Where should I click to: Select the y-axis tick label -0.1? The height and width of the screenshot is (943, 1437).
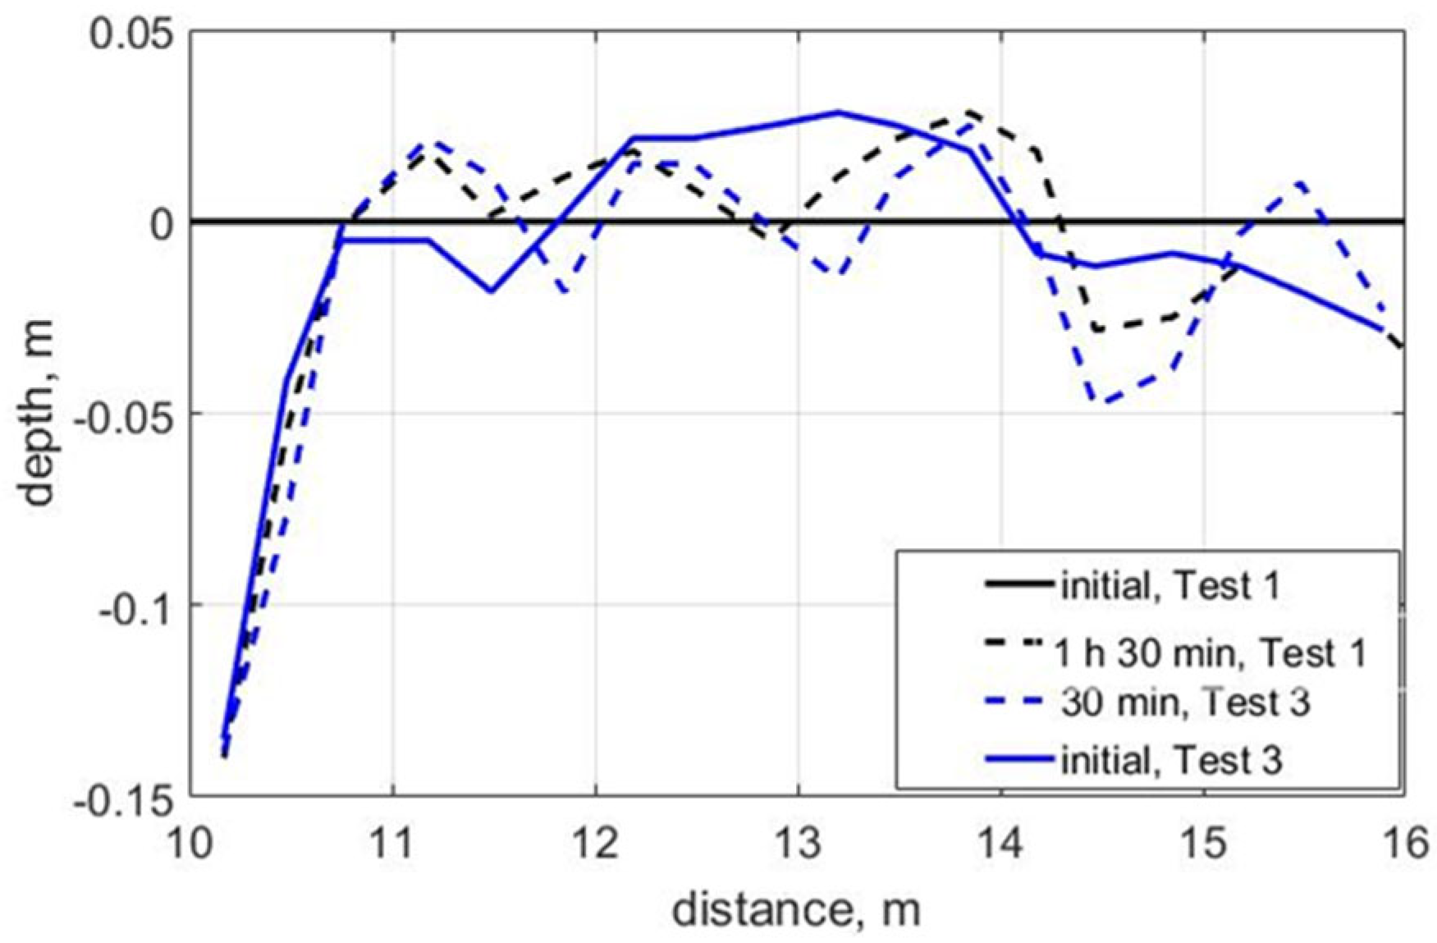pos(133,607)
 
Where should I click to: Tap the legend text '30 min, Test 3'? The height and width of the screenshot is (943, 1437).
pos(1185,703)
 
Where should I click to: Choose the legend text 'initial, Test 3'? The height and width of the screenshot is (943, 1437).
pos(1171,761)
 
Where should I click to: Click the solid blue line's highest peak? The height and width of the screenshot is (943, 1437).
pos(838,112)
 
